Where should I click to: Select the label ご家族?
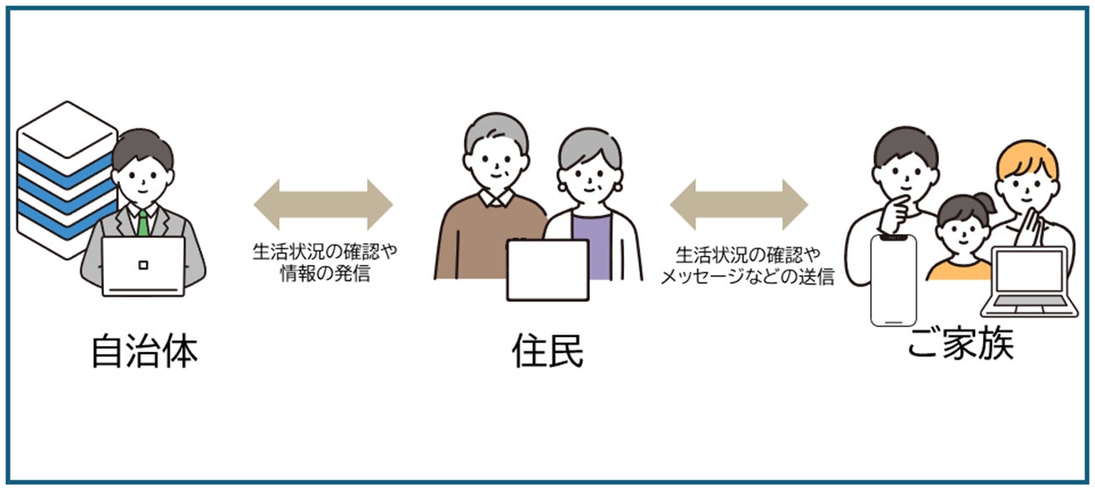tap(961, 343)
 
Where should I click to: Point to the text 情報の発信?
tap(324, 274)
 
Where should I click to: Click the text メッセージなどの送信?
tap(747, 277)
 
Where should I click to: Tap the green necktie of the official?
tap(144, 223)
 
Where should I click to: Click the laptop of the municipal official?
tap(143, 266)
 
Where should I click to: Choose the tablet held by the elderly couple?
tap(547, 270)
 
